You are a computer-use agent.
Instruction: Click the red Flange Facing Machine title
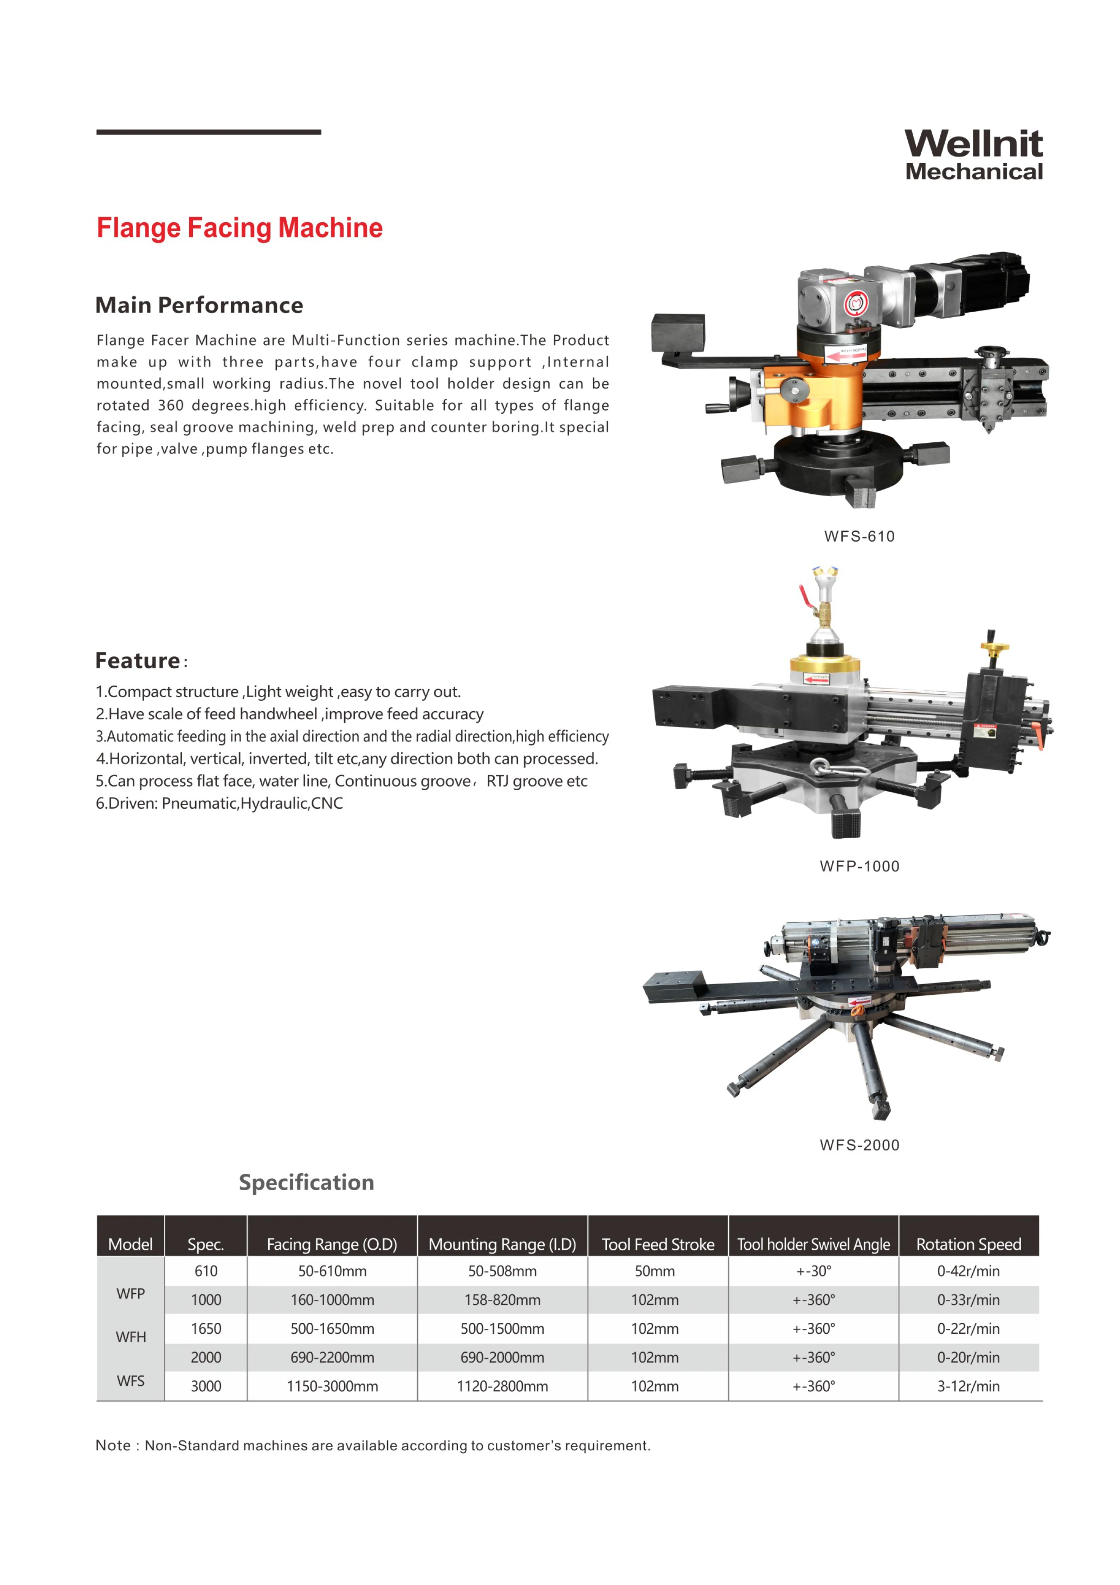(239, 228)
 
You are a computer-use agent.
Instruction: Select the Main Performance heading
(199, 305)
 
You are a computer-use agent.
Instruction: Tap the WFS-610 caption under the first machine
(859, 536)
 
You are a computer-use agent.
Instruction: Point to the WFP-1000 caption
(859, 866)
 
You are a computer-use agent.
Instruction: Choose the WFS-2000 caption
(859, 1145)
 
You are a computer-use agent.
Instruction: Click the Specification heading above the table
(306, 1182)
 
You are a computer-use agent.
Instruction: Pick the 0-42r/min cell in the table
(968, 1271)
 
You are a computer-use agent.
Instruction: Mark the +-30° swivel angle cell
(814, 1271)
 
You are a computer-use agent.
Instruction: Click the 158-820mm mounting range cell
(502, 1300)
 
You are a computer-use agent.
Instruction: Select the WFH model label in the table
(131, 1337)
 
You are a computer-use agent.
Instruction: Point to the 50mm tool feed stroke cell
(655, 1271)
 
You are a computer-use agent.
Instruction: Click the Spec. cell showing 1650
(205, 1329)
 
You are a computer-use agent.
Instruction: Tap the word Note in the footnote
(112, 1445)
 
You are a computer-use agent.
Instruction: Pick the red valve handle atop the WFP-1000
(805, 595)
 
